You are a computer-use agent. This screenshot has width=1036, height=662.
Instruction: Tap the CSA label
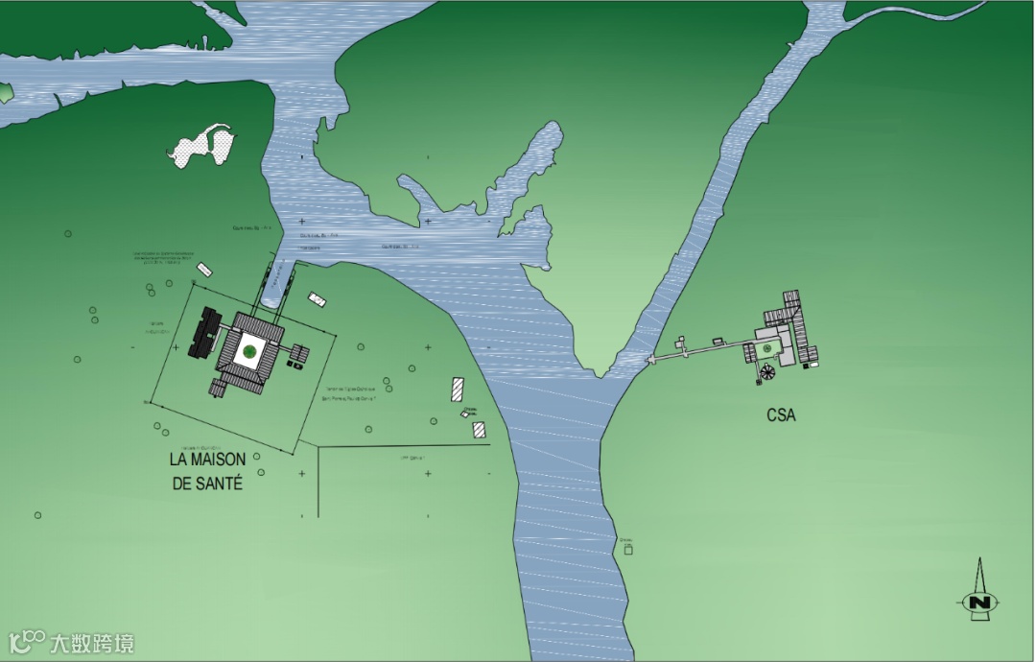point(782,415)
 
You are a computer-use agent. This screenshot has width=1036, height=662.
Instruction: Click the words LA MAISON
point(208,461)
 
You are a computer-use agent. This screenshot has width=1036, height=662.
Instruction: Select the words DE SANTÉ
point(207,484)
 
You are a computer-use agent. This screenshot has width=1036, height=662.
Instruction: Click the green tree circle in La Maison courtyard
point(249,351)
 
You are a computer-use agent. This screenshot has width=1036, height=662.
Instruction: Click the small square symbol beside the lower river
point(628,550)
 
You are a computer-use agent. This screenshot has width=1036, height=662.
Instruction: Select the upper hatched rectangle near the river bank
point(458,390)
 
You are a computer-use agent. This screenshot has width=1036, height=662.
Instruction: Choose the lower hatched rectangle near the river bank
point(479,430)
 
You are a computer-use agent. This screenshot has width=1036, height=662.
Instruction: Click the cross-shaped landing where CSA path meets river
point(651,358)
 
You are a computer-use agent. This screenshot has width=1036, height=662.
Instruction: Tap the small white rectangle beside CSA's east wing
point(812,363)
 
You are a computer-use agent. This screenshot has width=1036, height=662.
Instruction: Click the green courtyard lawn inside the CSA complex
point(768,346)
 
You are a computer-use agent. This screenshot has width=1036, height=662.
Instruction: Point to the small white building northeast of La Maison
point(317,300)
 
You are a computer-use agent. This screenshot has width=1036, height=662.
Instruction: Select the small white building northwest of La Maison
point(203,269)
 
